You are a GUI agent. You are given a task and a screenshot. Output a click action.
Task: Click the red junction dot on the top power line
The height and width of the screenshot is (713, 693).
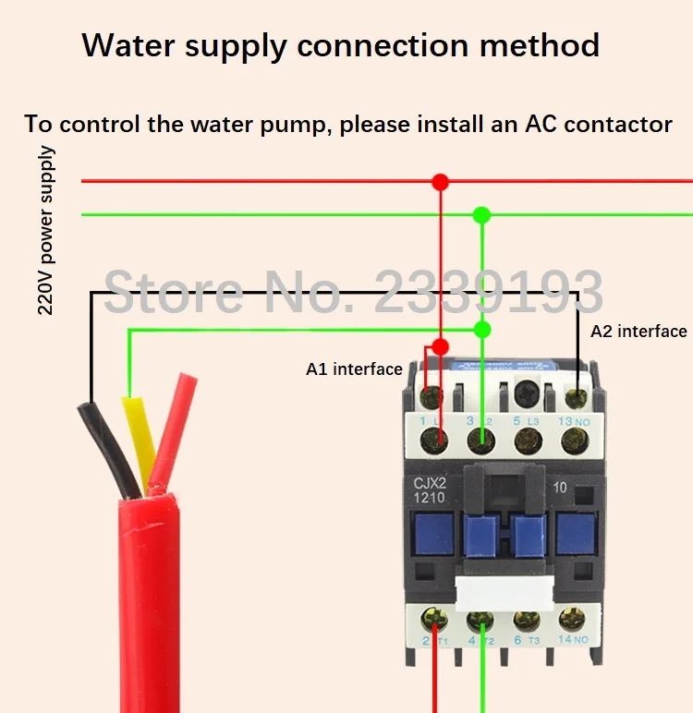point(441,182)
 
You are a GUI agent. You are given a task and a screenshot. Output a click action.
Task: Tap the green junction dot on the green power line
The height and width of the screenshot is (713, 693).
point(481,215)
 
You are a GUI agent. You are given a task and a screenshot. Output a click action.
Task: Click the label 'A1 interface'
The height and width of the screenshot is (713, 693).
point(354,369)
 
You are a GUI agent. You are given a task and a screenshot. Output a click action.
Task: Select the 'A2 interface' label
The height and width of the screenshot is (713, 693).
point(638,331)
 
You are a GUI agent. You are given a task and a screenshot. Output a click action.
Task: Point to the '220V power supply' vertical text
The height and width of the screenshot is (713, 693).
point(45,230)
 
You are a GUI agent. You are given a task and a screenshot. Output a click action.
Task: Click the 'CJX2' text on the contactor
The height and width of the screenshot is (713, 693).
point(429,482)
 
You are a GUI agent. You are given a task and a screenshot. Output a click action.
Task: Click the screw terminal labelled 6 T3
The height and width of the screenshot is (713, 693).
point(528,621)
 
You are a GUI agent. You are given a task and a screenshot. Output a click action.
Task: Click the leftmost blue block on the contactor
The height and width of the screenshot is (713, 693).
point(432,534)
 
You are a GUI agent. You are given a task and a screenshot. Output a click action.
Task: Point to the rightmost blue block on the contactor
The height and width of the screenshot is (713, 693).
point(577,534)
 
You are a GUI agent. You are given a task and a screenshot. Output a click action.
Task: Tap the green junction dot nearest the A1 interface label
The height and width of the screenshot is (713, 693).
point(481,330)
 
